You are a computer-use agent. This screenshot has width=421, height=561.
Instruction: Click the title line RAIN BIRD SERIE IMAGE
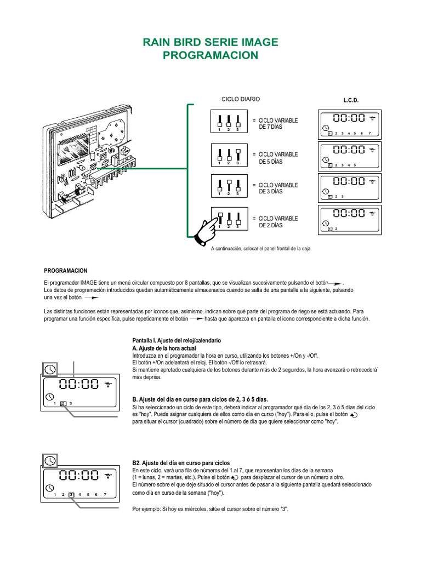[210, 42]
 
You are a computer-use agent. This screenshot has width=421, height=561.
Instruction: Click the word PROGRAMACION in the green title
[210, 55]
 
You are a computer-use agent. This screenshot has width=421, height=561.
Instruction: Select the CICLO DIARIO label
[240, 99]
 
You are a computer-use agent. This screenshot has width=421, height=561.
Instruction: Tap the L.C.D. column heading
[351, 101]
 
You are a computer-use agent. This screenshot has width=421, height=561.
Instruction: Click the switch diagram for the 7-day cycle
[228, 122]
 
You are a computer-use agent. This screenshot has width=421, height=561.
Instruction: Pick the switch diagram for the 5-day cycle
[228, 156]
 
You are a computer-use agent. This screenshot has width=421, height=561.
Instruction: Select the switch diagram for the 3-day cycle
[228, 186]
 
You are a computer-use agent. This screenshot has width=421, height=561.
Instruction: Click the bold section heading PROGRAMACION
[65, 271]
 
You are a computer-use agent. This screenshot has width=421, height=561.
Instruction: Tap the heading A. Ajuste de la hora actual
[164, 348]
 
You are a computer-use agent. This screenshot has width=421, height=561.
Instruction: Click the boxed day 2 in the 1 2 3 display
[63, 404]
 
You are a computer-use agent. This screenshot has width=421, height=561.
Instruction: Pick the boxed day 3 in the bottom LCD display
[71, 495]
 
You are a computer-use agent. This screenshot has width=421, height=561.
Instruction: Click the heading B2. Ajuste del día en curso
[181, 463]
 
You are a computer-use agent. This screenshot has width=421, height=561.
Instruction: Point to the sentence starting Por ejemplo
[210, 509]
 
